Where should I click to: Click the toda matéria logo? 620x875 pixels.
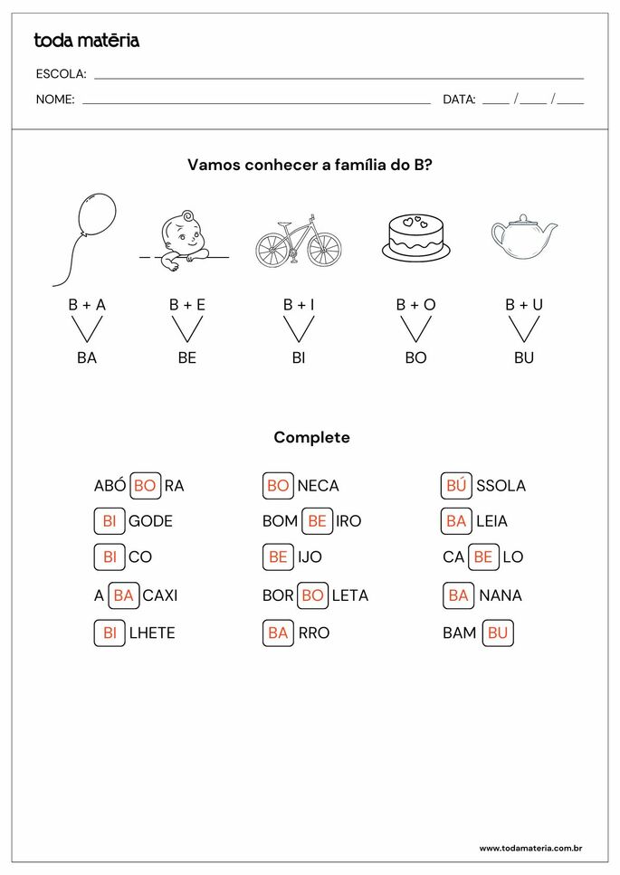pos(86,40)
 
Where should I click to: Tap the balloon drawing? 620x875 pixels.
pos(95,217)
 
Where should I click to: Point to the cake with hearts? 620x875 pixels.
pos(415,238)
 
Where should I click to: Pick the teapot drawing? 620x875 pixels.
pos(523,237)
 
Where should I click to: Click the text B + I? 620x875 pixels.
pos(299,305)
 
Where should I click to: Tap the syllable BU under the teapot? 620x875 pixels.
pos(524,357)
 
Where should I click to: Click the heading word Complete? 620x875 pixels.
pos(311,438)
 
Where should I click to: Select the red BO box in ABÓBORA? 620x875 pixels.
pos(145,486)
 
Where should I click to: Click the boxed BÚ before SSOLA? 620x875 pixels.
pos(456,486)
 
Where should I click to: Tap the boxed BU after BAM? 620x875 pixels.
pos(498,633)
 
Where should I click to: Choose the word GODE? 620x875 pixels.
pos(150,521)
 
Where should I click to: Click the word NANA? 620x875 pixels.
pos(501,595)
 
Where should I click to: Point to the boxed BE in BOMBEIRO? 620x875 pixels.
pos(317,521)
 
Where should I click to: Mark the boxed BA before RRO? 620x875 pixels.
pos(278,633)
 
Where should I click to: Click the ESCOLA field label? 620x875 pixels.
pos(61,74)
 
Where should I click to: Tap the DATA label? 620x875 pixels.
pos(459,100)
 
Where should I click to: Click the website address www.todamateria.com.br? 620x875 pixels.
pos(529,848)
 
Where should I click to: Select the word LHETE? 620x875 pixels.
pos(152,633)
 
